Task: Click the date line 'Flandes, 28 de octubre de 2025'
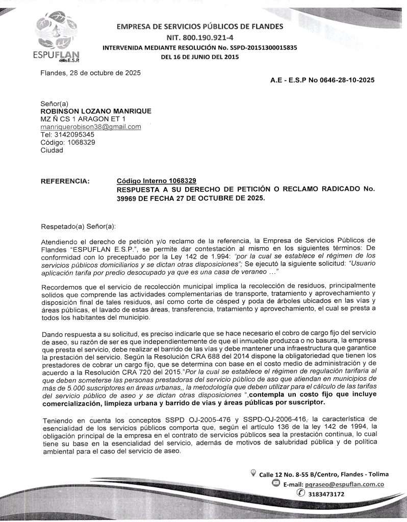[91, 72]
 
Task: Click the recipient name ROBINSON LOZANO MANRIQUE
[96, 111]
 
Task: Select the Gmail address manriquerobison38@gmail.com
[91, 126]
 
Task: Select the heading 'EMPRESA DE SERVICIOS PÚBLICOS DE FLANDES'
[199, 27]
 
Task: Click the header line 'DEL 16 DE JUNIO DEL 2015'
[199, 57]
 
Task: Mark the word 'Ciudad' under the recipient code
[52, 150]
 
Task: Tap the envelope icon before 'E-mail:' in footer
[275, 484]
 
